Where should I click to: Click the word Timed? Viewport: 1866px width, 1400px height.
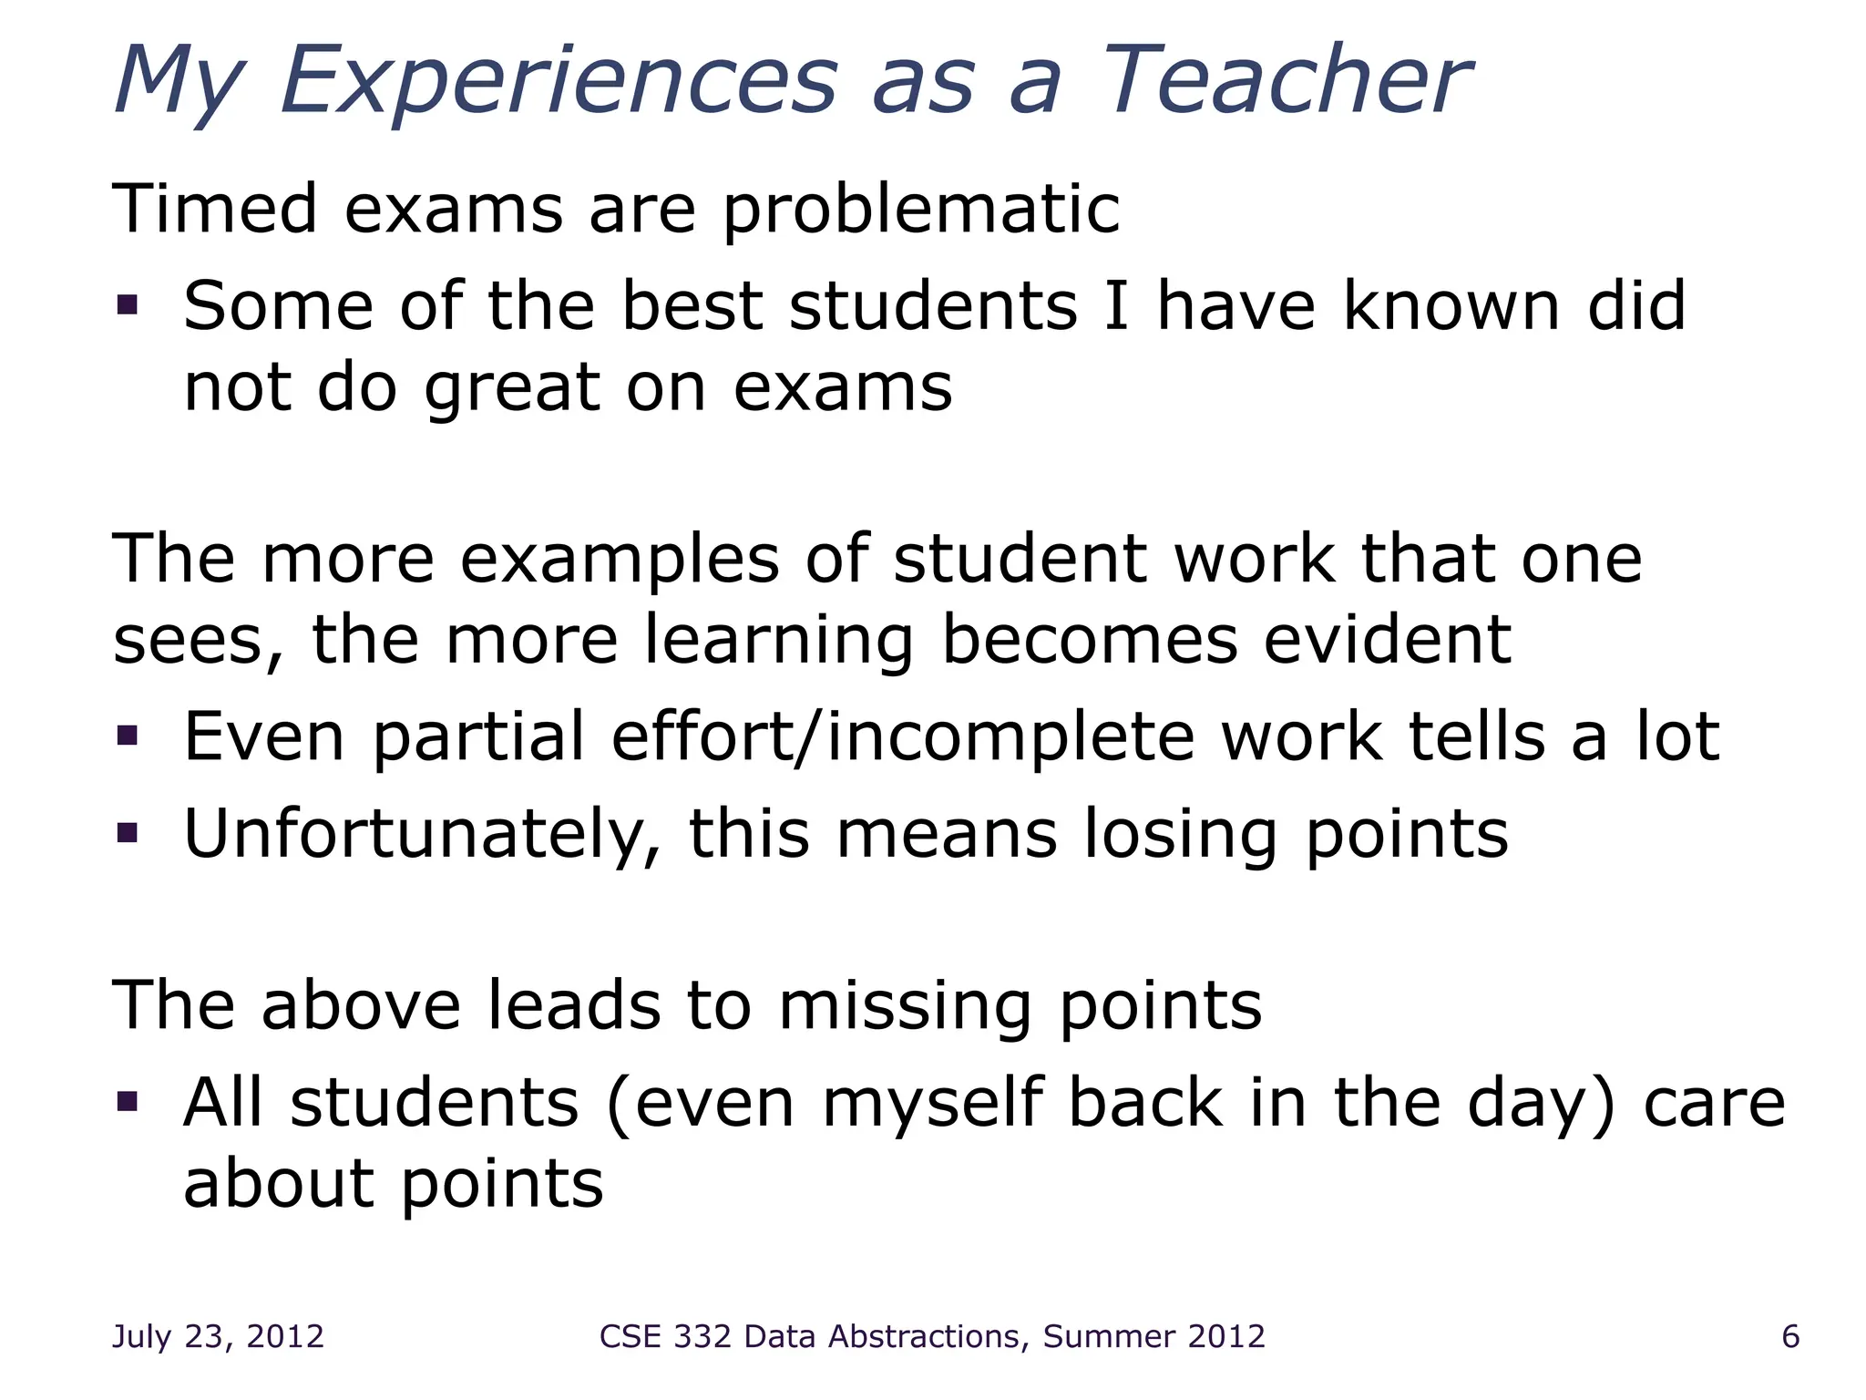coord(214,209)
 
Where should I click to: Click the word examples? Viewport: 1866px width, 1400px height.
coord(620,560)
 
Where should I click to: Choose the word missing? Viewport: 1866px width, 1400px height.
coord(905,1007)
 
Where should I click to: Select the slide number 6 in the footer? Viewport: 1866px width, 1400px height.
coord(1790,1336)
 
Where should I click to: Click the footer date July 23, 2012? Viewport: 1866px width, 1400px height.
coord(218,1336)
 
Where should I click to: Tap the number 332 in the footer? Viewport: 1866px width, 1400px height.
coord(702,1336)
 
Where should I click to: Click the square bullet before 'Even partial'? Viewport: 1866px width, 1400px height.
coord(128,735)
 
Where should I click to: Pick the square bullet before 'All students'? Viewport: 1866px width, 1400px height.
coord(128,1102)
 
